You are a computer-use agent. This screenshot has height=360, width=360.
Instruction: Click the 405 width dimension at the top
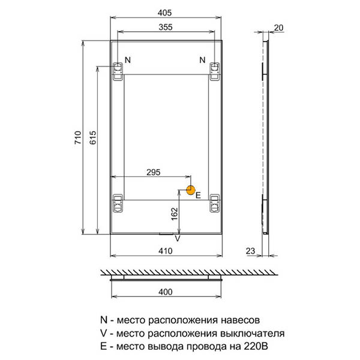tap(164, 13)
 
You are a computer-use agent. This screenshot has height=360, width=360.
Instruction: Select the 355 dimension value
tap(166, 28)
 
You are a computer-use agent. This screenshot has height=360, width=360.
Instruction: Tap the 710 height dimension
tap(78, 137)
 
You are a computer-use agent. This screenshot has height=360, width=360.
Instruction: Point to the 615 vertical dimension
tap(93, 137)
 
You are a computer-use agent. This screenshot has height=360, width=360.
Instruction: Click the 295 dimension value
tap(154, 172)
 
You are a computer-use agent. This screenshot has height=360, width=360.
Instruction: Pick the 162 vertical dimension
tap(175, 214)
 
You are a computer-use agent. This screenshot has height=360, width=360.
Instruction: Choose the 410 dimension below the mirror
tap(166, 251)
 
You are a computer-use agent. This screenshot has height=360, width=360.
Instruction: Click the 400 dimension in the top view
tap(166, 292)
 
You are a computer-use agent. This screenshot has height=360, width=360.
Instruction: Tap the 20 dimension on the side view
tap(278, 28)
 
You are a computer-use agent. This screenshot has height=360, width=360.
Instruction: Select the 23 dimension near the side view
tap(250, 251)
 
